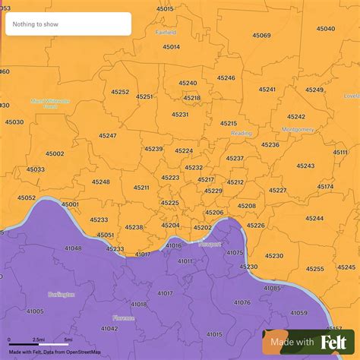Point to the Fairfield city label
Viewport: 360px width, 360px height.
(166, 33)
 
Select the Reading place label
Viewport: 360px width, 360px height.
(241, 134)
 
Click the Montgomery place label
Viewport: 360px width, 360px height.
(298, 129)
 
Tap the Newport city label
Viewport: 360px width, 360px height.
(210, 245)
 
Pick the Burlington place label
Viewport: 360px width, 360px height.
(62, 294)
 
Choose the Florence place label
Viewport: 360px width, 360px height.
(123, 317)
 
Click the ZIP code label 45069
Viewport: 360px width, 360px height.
(261, 36)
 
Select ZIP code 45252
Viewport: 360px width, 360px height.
(120, 92)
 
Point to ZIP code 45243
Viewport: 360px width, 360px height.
(305, 166)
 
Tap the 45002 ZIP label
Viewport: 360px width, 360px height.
(55, 153)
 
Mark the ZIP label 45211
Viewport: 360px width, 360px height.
(141, 187)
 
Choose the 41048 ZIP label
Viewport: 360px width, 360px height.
(73, 248)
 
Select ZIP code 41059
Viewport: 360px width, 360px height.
(298, 313)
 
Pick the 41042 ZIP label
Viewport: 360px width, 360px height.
(109, 329)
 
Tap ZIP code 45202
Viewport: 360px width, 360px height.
(202, 228)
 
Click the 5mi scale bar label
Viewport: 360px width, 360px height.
(68, 339)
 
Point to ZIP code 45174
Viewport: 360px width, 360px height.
(325, 186)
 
